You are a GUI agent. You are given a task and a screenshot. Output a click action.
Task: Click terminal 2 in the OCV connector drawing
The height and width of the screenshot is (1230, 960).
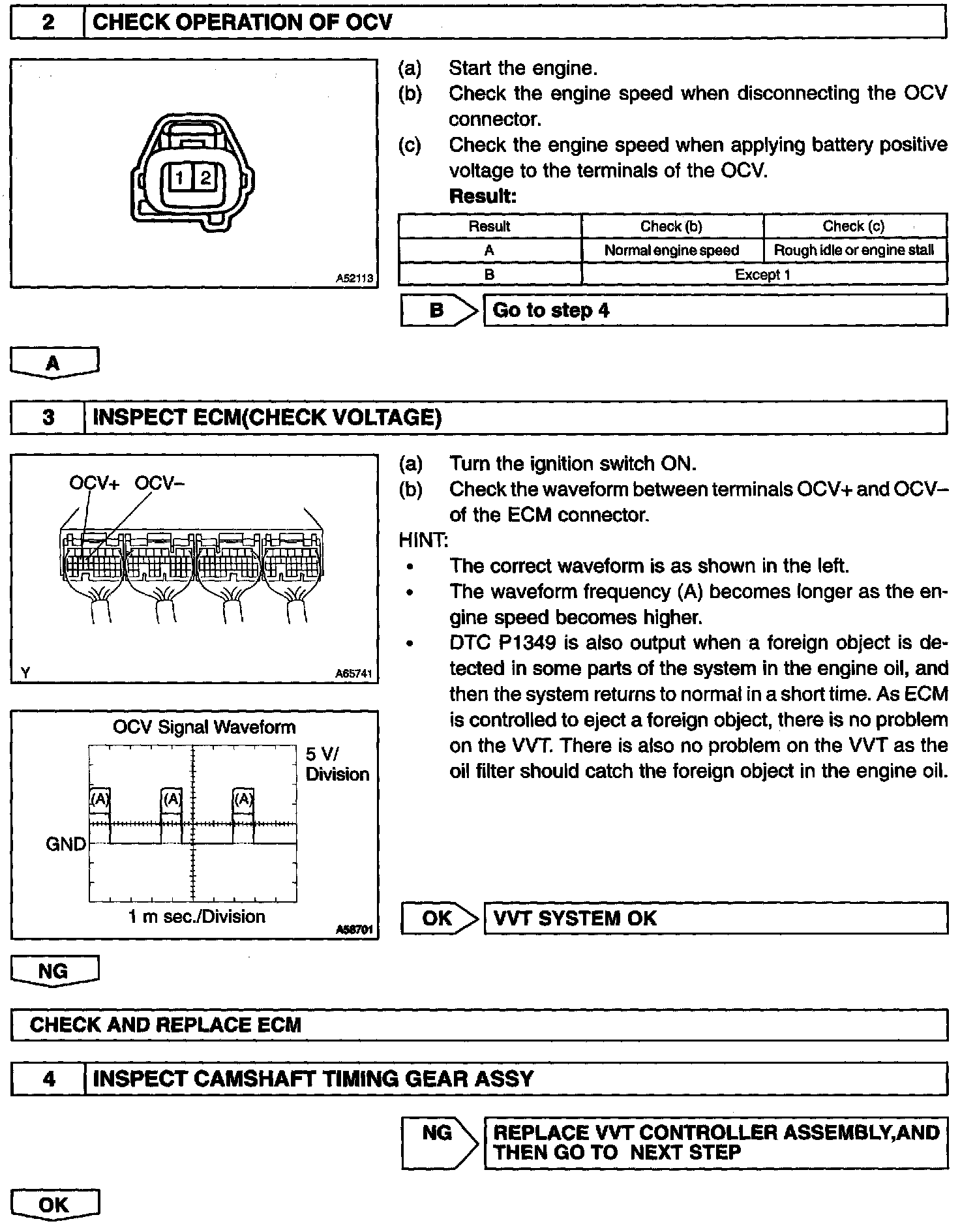pyautogui.click(x=205, y=177)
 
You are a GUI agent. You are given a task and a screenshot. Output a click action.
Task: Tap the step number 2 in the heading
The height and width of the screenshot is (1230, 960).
pyautogui.click(x=48, y=23)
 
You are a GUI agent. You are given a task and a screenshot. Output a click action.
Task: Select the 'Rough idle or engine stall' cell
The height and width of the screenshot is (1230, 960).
pyautogui.click(x=854, y=250)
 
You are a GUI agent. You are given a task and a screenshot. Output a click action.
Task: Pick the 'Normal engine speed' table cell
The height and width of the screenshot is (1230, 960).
pyautogui.click(x=672, y=250)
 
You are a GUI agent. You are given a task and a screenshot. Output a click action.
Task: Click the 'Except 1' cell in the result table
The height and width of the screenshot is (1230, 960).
pyautogui.click(x=763, y=275)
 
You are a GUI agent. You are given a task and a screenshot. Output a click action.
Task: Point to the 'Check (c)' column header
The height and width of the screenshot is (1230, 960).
pyautogui.click(x=854, y=226)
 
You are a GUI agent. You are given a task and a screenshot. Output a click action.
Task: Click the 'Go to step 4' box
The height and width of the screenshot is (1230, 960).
pyautogui.click(x=715, y=310)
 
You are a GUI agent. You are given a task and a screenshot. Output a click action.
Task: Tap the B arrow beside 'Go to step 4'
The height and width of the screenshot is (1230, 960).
pyautogui.click(x=440, y=310)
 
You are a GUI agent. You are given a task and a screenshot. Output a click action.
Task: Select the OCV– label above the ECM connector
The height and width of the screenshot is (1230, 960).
pyautogui.click(x=160, y=483)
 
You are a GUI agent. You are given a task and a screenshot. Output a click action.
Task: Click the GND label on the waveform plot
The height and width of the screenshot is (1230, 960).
pyautogui.click(x=66, y=844)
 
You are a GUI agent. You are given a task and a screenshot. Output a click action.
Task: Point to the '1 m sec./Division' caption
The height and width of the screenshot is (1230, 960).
pyautogui.click(x=196, y=916)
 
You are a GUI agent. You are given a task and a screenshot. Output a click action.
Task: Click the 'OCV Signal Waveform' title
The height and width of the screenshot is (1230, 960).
pyautogui.click(x=204, y=727)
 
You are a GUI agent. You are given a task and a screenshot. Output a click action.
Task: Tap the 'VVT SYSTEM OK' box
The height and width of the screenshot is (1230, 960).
pyautogui.click(x=715, y=918)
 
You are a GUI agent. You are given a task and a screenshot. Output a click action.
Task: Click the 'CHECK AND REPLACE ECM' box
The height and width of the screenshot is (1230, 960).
pyautogui.click(x=479, y=1025)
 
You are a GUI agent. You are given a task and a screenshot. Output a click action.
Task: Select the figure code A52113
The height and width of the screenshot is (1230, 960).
pyautogui.click(x=355, y=278)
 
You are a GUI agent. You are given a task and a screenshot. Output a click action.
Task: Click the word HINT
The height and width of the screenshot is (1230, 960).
pyautogui.click(x=423, y=540)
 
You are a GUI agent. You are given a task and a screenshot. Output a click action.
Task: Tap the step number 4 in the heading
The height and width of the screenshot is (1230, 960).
pyautogui.click(x=48, y=1079)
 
